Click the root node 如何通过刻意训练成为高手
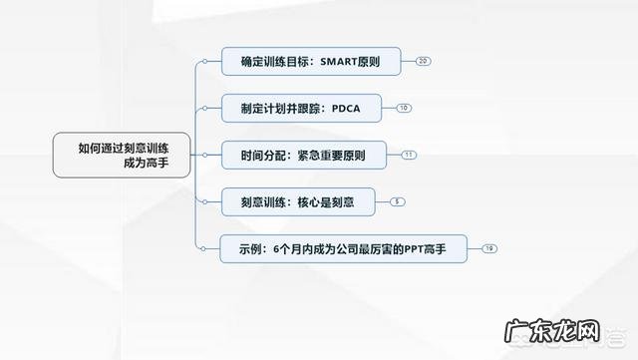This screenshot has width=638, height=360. coord(122,156)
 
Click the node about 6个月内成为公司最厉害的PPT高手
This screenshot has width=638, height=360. coord(343,248)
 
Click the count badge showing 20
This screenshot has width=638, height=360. coord(424,62)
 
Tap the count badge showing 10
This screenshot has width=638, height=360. coord(403,108)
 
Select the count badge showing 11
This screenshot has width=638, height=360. coord(409,156)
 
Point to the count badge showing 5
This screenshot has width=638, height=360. coord(398,202)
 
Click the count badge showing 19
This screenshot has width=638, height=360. coord(488,248)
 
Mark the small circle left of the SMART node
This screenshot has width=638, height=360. coord(203,62)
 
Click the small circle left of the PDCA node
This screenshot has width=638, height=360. coord(203,108)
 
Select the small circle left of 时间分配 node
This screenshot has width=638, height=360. coord(203,156)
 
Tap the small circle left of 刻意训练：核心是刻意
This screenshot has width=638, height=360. coord(203,202)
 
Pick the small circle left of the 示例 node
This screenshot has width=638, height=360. coord(203,248)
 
